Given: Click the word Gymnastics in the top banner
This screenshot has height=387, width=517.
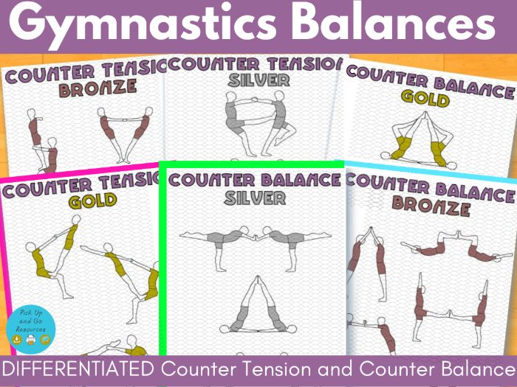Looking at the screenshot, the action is coord(142,24).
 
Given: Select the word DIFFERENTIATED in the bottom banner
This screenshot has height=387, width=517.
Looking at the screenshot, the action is coord(78,369).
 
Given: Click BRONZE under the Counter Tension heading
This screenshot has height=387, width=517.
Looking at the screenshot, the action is coord(98,88).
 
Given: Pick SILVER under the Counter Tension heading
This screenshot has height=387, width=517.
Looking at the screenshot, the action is coord(258,80).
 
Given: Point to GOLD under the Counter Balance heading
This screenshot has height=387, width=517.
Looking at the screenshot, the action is coord(425,98).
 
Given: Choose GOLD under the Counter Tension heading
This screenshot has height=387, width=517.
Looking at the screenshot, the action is coord(92,201).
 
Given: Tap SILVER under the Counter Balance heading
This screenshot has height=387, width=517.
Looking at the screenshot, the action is coord(255,198).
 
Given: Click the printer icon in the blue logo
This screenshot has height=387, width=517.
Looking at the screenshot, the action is coord(31,339).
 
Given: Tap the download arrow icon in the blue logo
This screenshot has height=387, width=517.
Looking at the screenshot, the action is coord(16,339).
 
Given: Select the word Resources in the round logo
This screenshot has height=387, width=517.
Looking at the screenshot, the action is coord(31,329).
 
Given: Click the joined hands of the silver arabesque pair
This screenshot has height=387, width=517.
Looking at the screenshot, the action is coord(256,237).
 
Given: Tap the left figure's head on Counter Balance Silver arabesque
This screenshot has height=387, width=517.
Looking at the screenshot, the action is coord(244,229).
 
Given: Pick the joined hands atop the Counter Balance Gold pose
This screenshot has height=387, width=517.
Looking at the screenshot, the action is coord(425,115).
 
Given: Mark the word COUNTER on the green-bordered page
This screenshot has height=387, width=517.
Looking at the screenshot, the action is coord(211,180).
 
